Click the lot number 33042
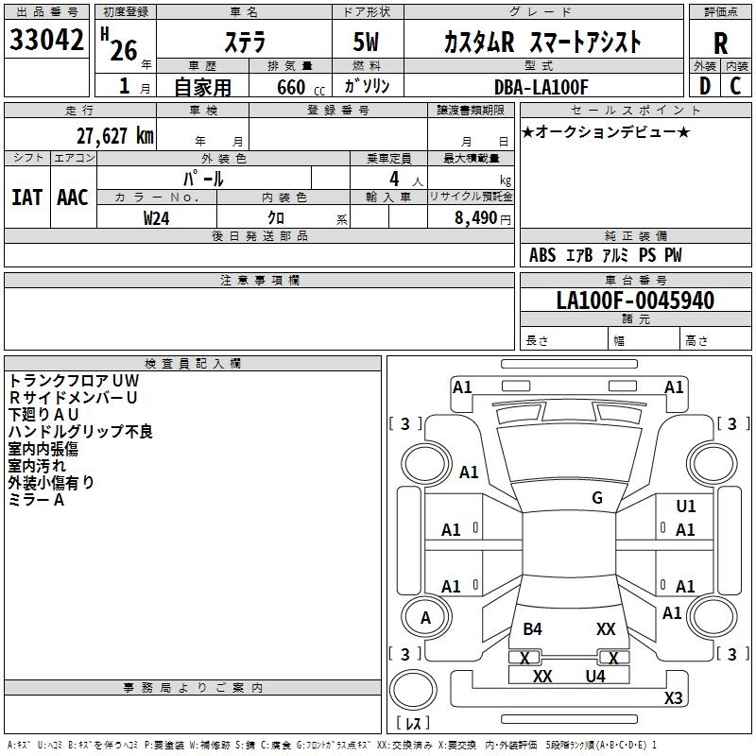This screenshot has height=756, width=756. point(46,40)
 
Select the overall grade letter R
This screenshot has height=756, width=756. point(720,43)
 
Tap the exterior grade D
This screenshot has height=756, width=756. point(703,86)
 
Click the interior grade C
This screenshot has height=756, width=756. point(735,86)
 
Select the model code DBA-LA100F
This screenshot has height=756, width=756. point(541,87)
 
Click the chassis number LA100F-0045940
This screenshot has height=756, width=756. point(635,301)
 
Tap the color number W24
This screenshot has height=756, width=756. point(157,217)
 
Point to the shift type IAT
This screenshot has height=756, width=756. point(26,198)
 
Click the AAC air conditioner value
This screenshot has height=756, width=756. point(73,198)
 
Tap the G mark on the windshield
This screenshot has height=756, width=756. point(597,498)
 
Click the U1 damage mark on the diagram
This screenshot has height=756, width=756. point(686,507)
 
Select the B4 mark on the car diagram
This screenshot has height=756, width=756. point(533,629)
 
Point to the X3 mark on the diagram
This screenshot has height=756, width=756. point(673,697)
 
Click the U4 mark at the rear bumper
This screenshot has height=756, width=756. point(595,676)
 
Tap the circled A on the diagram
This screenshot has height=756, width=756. point(425,618)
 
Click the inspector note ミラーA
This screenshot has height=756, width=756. point(37,500)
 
